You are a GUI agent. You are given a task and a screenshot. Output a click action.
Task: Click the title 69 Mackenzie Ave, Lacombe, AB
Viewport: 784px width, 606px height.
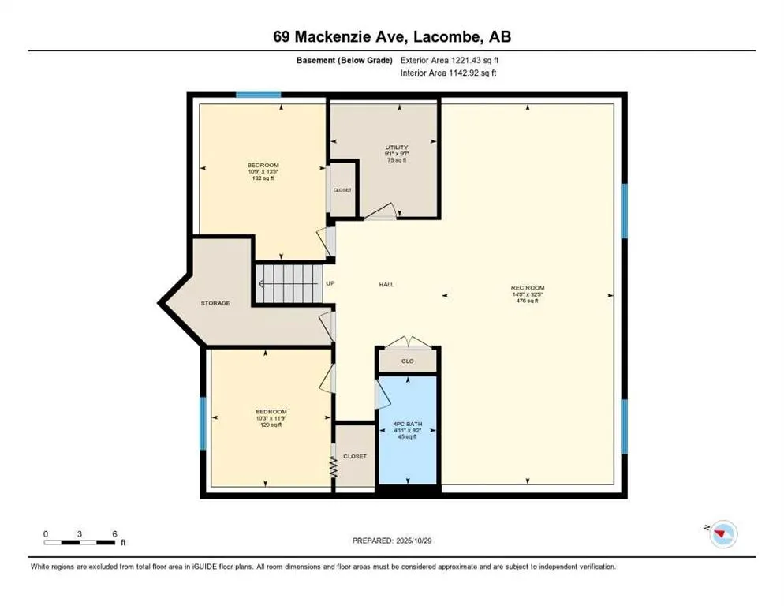(391, 37)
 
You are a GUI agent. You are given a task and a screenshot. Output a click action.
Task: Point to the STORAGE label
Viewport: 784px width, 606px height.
(215, 303)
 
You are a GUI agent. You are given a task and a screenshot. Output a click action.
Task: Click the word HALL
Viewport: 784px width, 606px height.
(386, 285)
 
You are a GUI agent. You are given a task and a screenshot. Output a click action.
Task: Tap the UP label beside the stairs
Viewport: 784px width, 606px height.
(330, 284)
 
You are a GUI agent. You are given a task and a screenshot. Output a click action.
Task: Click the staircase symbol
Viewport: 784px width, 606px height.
(287, 283)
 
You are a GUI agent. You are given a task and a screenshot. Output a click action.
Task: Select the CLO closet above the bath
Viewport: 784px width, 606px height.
(408, 361)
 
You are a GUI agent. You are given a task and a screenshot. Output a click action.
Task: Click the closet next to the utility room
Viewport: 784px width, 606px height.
(342, 189)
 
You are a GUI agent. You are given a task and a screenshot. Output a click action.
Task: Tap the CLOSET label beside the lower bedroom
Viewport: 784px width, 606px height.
(355, 456)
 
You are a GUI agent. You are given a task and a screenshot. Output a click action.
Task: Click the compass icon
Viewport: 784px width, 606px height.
(722, 534)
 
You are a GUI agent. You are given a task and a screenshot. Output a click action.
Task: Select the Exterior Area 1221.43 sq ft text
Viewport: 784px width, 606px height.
(449, 60)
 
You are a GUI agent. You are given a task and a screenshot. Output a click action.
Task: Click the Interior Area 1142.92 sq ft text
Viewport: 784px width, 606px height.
(449, 73)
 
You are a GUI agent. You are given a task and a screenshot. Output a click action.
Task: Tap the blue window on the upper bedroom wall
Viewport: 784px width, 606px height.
(259, 95)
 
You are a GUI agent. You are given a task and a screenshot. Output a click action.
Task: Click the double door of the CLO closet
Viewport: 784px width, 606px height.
(408, 342)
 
